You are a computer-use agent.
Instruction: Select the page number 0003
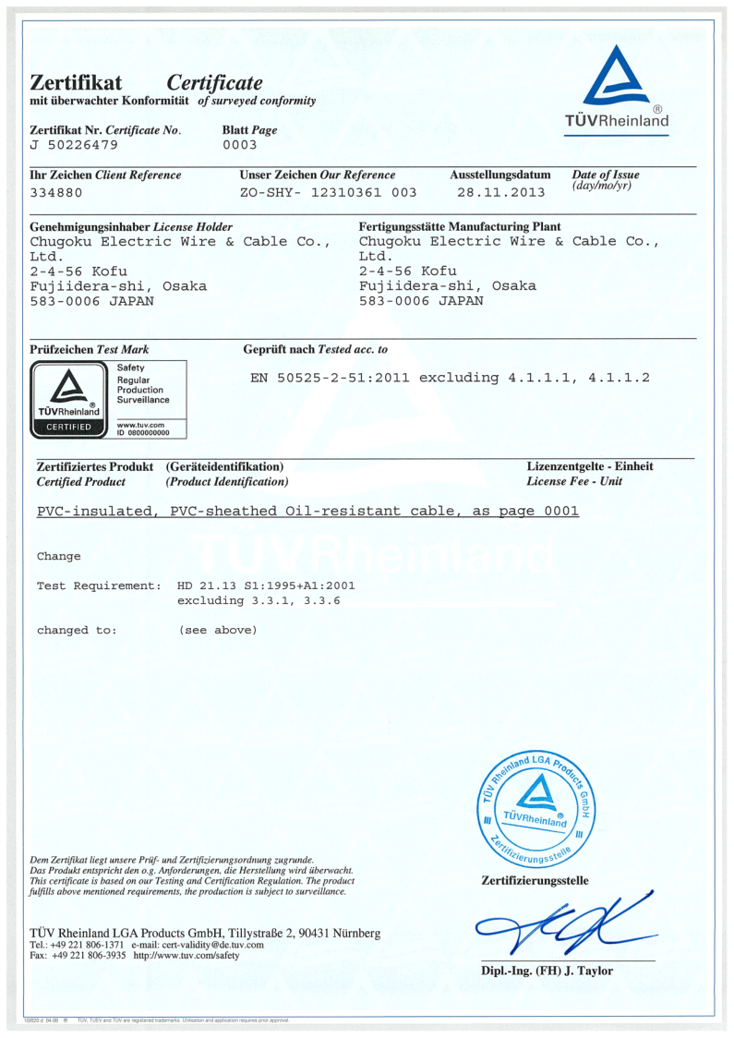tap(239, 145)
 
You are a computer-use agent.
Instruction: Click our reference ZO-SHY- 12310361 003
tap(328, 193)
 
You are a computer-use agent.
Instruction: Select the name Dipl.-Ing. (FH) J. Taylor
tap(547, 971)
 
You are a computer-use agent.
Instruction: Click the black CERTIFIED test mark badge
tap(68, 427)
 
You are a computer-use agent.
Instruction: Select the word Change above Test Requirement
tap(58, 556)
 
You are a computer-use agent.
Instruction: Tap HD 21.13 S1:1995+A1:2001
tap(266, 585)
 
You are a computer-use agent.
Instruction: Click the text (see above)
tap(217, 630)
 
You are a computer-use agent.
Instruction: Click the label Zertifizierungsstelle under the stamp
tap(535, 880)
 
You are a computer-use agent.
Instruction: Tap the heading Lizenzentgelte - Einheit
tap(589, 466)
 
